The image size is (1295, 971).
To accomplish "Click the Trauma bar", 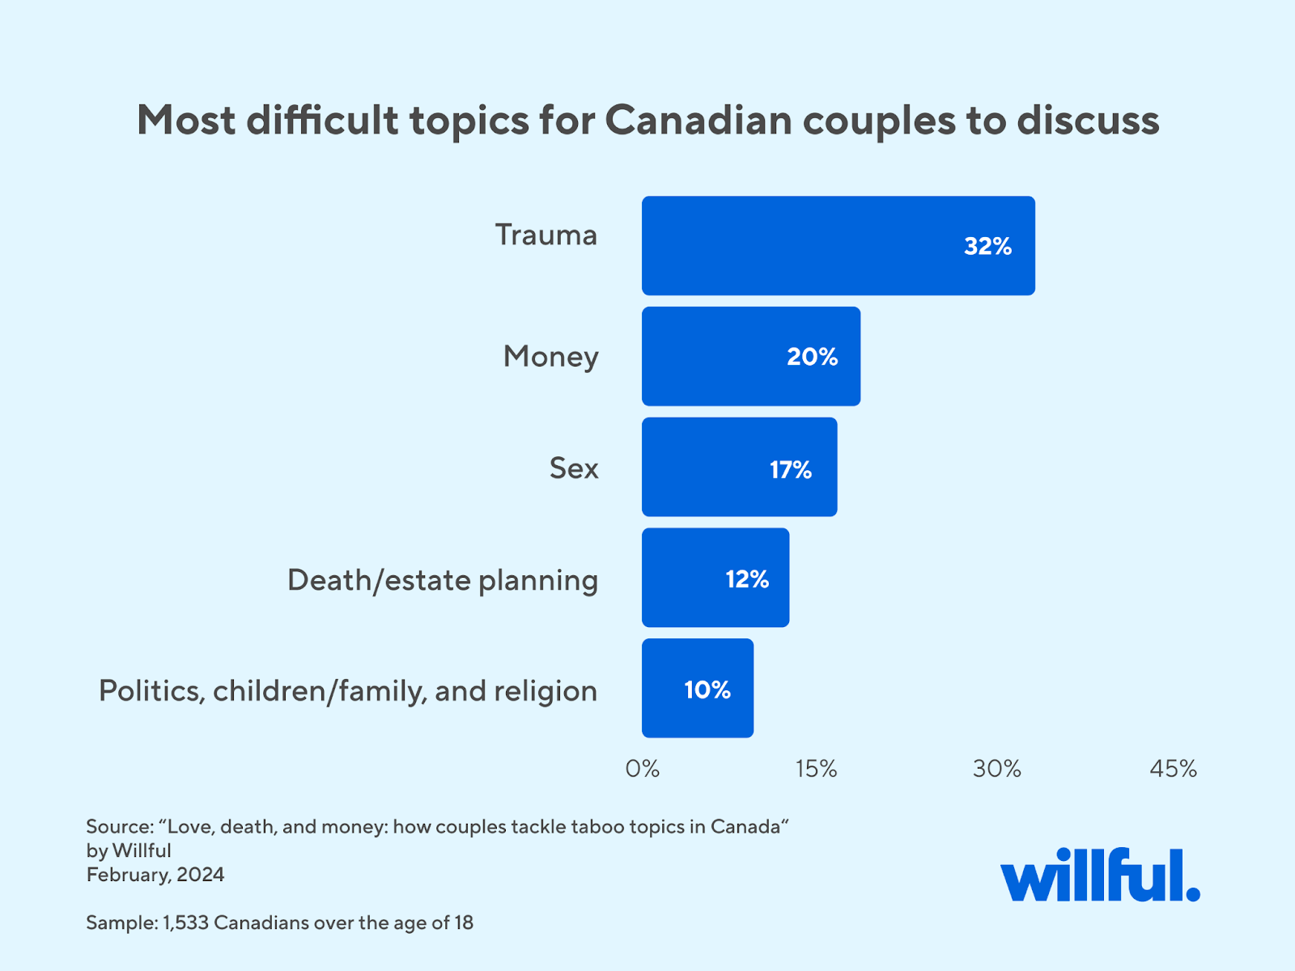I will point(838,245).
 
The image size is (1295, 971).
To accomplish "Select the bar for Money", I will point(750,356).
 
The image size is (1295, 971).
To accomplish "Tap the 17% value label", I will point(790,469).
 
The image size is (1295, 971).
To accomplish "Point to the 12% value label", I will point(746,579).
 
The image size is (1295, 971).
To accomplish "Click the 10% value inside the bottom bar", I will point(707,689).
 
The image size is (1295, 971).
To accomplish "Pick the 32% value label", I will point(987,246).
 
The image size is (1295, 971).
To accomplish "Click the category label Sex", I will point(573,468).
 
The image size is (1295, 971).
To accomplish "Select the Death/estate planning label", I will point(442,580).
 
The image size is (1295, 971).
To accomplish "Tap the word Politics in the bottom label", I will point(151,691).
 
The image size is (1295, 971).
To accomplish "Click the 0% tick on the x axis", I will point(642,769).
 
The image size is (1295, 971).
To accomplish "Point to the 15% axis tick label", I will point(816,769).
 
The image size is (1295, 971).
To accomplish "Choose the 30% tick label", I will point(996,769).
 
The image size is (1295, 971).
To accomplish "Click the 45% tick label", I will point(1173,769).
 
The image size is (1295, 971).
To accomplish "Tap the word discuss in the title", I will point(1088,121).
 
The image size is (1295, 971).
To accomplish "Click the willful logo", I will point(1099,876).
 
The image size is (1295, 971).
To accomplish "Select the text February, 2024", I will point(155,875).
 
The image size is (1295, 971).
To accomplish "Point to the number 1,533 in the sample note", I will point(185,922).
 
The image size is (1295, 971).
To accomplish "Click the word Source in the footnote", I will point(119,827).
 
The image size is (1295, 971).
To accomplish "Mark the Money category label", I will point(550,356).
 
